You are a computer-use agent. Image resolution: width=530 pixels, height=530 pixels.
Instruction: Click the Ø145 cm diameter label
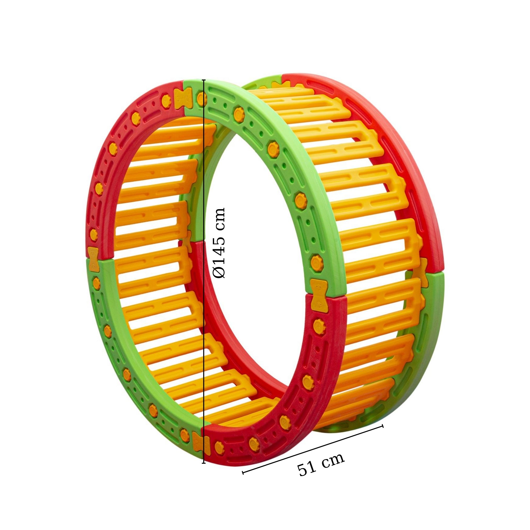(x=220, y=243)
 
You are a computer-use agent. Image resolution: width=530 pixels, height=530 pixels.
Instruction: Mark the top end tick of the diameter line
(x=204, y=80)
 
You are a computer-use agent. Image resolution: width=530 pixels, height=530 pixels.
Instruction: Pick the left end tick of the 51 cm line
(x=243, y=472)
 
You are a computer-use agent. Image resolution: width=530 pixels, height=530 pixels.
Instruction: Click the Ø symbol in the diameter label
(x=220, y=273)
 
